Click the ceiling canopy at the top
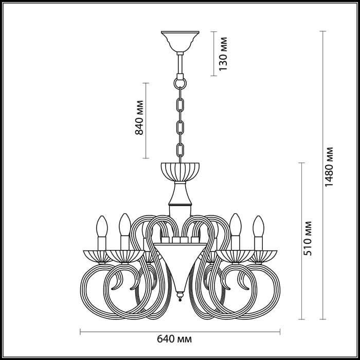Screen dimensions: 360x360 coord(180,40)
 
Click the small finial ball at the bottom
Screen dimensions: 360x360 coord(180,297)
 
